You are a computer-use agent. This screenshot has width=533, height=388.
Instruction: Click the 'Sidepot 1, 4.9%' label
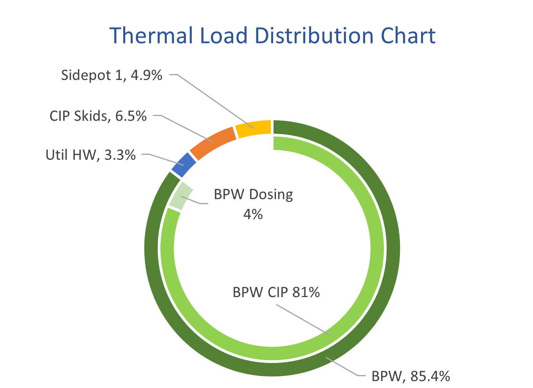112,75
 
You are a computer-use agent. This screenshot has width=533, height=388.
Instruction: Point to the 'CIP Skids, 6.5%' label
98,116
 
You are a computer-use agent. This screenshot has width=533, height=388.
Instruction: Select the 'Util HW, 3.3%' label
90,155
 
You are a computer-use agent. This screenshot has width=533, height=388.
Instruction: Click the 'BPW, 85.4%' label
411,376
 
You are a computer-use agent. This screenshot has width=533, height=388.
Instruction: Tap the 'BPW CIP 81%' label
276,292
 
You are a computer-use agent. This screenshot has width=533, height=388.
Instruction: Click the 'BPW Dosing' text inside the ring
253,194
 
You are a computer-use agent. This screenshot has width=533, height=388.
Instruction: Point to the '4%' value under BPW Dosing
253,214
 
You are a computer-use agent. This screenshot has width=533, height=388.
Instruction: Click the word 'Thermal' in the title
151,36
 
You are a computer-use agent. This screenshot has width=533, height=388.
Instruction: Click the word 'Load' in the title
224,36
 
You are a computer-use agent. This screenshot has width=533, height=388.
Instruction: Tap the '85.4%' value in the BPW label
430,376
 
